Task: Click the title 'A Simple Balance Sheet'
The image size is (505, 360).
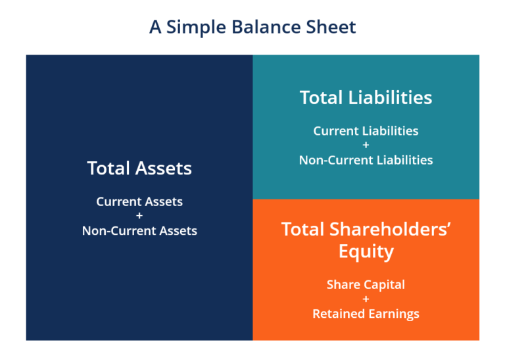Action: (252, 27)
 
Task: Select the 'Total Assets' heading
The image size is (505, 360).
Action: (139, 168)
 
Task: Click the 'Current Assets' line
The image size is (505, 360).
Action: (139, 201)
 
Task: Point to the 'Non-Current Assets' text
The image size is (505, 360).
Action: (139, 230)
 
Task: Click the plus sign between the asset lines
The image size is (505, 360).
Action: (139, 216)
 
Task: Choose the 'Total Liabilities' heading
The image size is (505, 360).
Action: (366, 98)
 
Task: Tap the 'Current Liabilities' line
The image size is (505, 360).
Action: (366, 130)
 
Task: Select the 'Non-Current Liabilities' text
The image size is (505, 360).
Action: (366, 159)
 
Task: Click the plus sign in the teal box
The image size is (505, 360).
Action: (366, 145)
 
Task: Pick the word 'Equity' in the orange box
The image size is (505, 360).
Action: (366, 251)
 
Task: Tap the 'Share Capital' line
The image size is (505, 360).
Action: (366, 284)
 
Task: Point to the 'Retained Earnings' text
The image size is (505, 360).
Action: (366, 313)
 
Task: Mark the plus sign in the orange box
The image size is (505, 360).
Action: (366, 299)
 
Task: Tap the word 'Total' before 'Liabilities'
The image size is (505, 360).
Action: (321, 98)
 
